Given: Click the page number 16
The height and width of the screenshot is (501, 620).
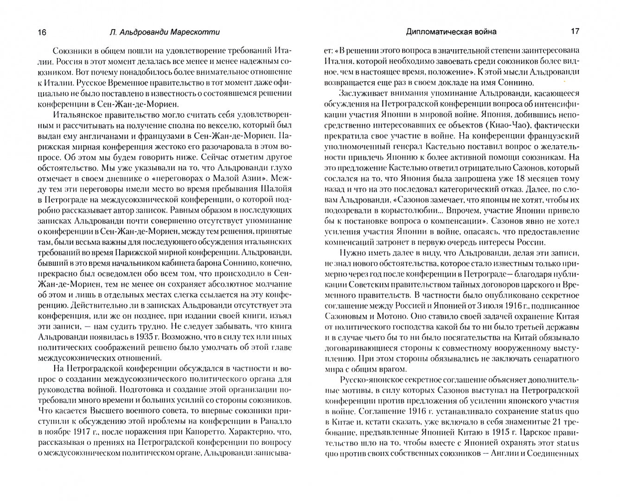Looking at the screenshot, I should [41, 32].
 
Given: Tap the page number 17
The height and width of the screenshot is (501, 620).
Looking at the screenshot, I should [575, 32].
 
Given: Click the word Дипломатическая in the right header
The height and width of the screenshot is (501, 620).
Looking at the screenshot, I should [433, 32].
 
